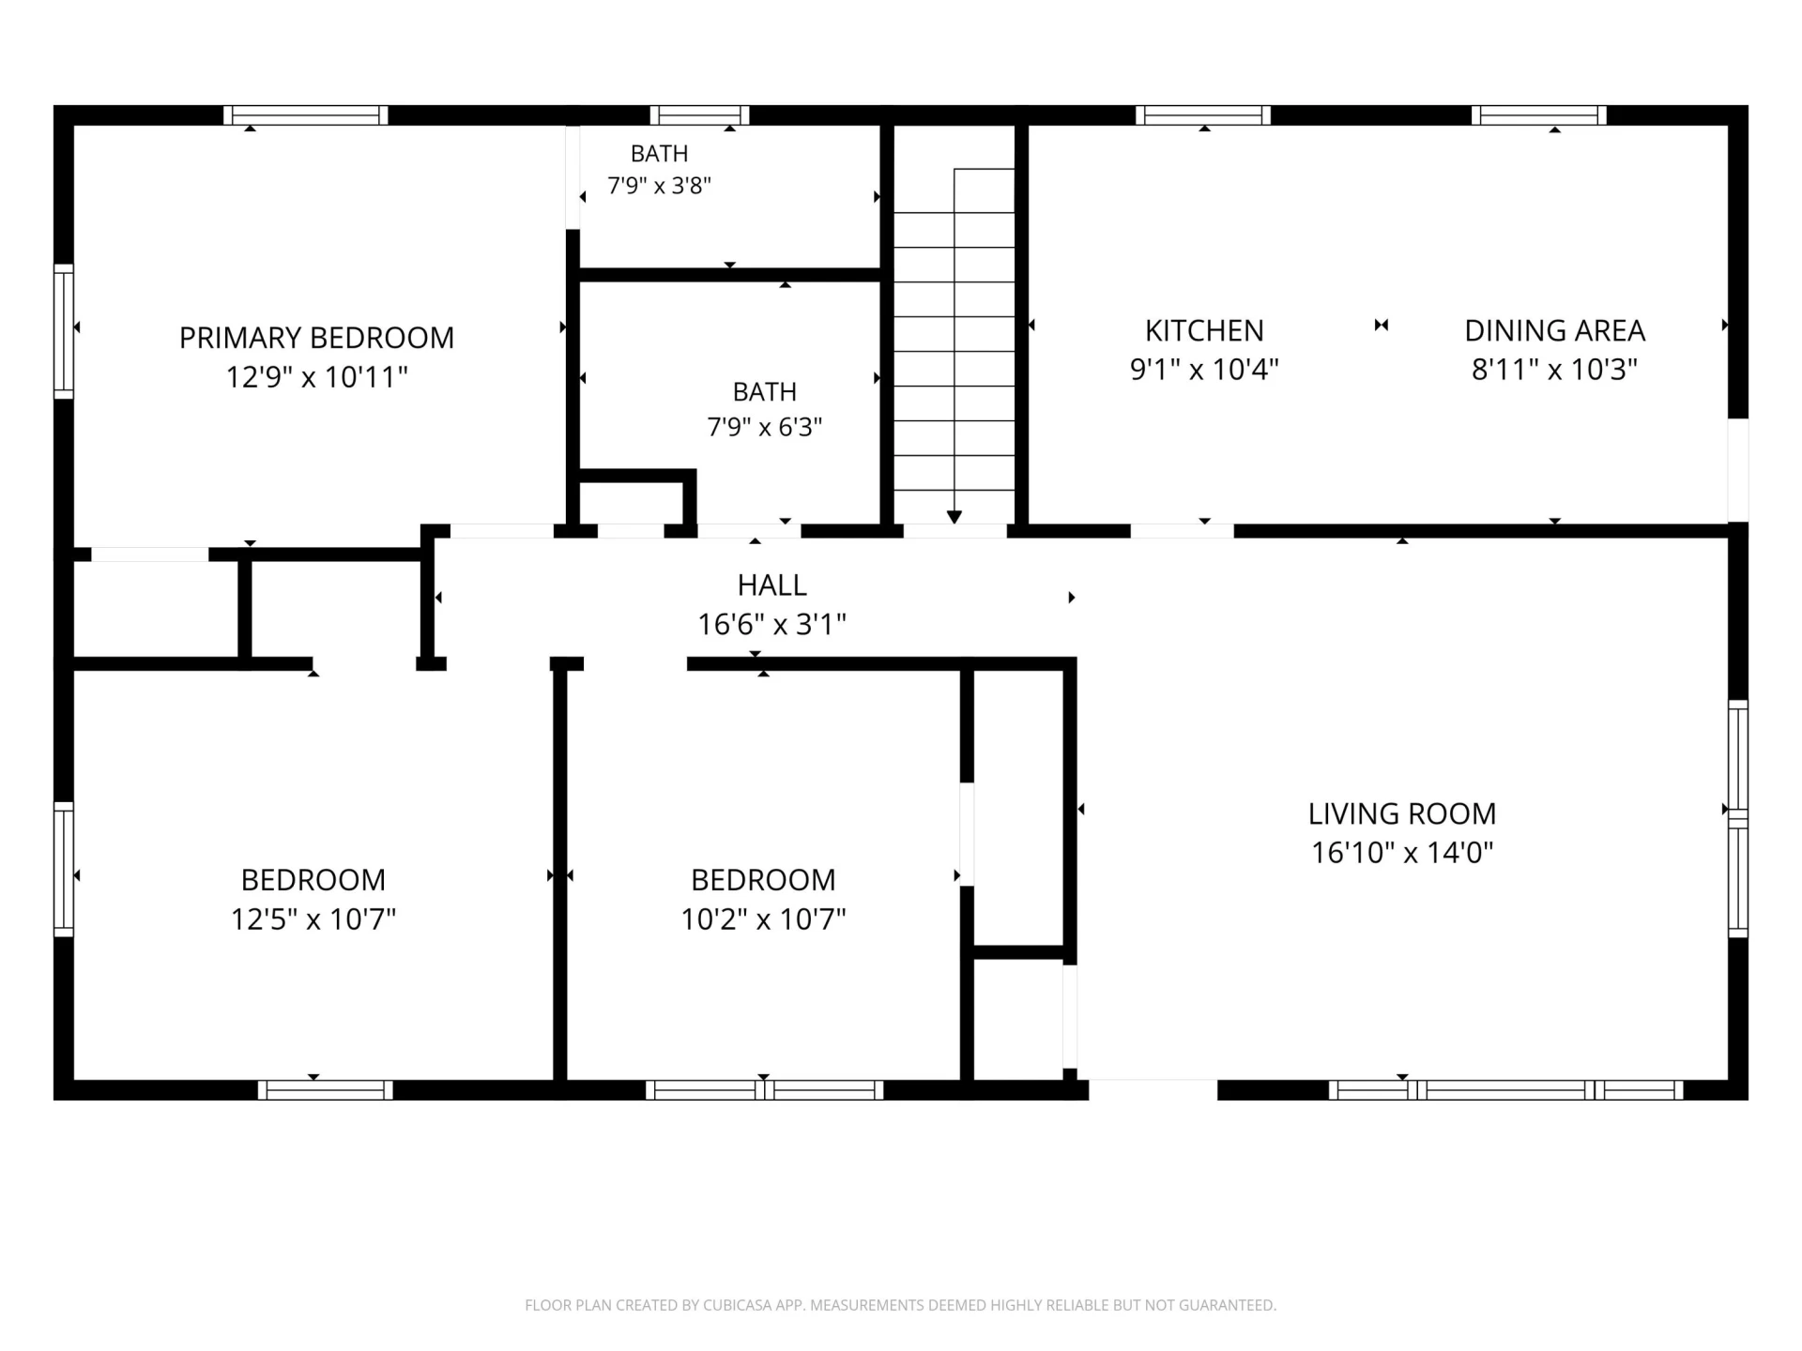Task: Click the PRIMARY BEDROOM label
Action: point(316,338)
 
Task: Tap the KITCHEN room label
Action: point(1204,330)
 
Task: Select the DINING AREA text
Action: point(1554,330)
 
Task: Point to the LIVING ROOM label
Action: point(1402,813)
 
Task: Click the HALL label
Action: point(771,585)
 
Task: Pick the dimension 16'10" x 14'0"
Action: point(1402,853)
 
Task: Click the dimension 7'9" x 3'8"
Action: point(659,186)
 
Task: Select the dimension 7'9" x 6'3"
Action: point(764,428)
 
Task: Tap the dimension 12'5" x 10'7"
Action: point(313,918)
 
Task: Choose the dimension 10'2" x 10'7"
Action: point(763,918)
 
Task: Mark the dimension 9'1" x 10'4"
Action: point(1204,370)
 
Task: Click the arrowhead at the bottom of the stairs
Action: point(954,517)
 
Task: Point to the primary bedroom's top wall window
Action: point(306,115)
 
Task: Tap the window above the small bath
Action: point(699,115)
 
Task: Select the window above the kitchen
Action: point(1203,115)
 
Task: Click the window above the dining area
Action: point(1539,115)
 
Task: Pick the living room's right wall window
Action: point(1738,818)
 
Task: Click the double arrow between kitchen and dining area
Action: point(1382,326)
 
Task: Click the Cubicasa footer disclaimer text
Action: point(901,1305)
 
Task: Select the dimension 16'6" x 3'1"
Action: point(771,625)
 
